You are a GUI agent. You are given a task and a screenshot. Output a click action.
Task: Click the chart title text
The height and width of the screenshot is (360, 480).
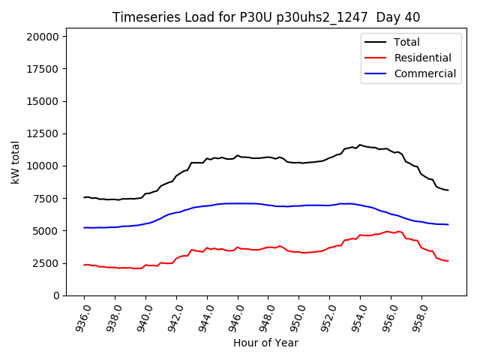pos(266,17)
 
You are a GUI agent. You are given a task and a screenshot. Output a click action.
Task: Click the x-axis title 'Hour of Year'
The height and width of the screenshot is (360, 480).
pos(265,343)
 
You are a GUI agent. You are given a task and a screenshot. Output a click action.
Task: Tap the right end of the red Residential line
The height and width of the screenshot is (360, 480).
pos(448,261)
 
